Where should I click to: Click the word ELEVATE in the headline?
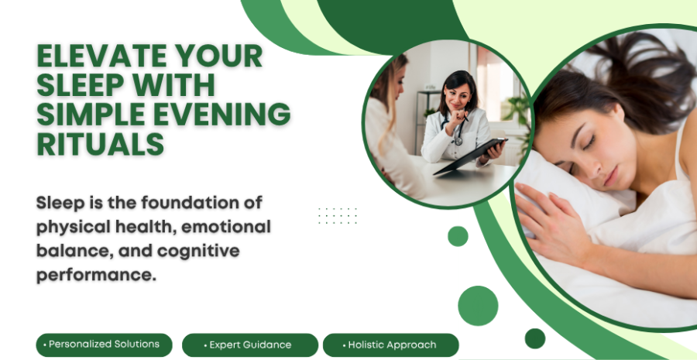click(101, 56)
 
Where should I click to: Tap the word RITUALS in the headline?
click(101, 144)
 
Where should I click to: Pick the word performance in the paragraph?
click(96, 275)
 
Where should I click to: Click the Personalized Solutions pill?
click(104, 345)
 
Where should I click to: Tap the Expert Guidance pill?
click(250, 345)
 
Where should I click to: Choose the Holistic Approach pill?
click(391, 345)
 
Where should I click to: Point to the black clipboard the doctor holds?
click(470, 156)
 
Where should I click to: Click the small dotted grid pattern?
click(338, 216)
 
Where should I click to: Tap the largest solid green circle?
click(478, 306)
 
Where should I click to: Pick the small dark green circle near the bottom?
click(534, 338)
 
